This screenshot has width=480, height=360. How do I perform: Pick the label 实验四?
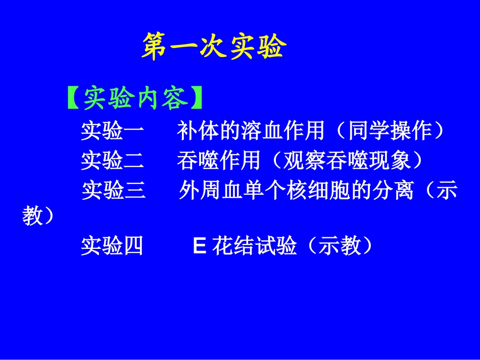coord(112,246)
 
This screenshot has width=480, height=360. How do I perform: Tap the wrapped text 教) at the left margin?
coord(38,217)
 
